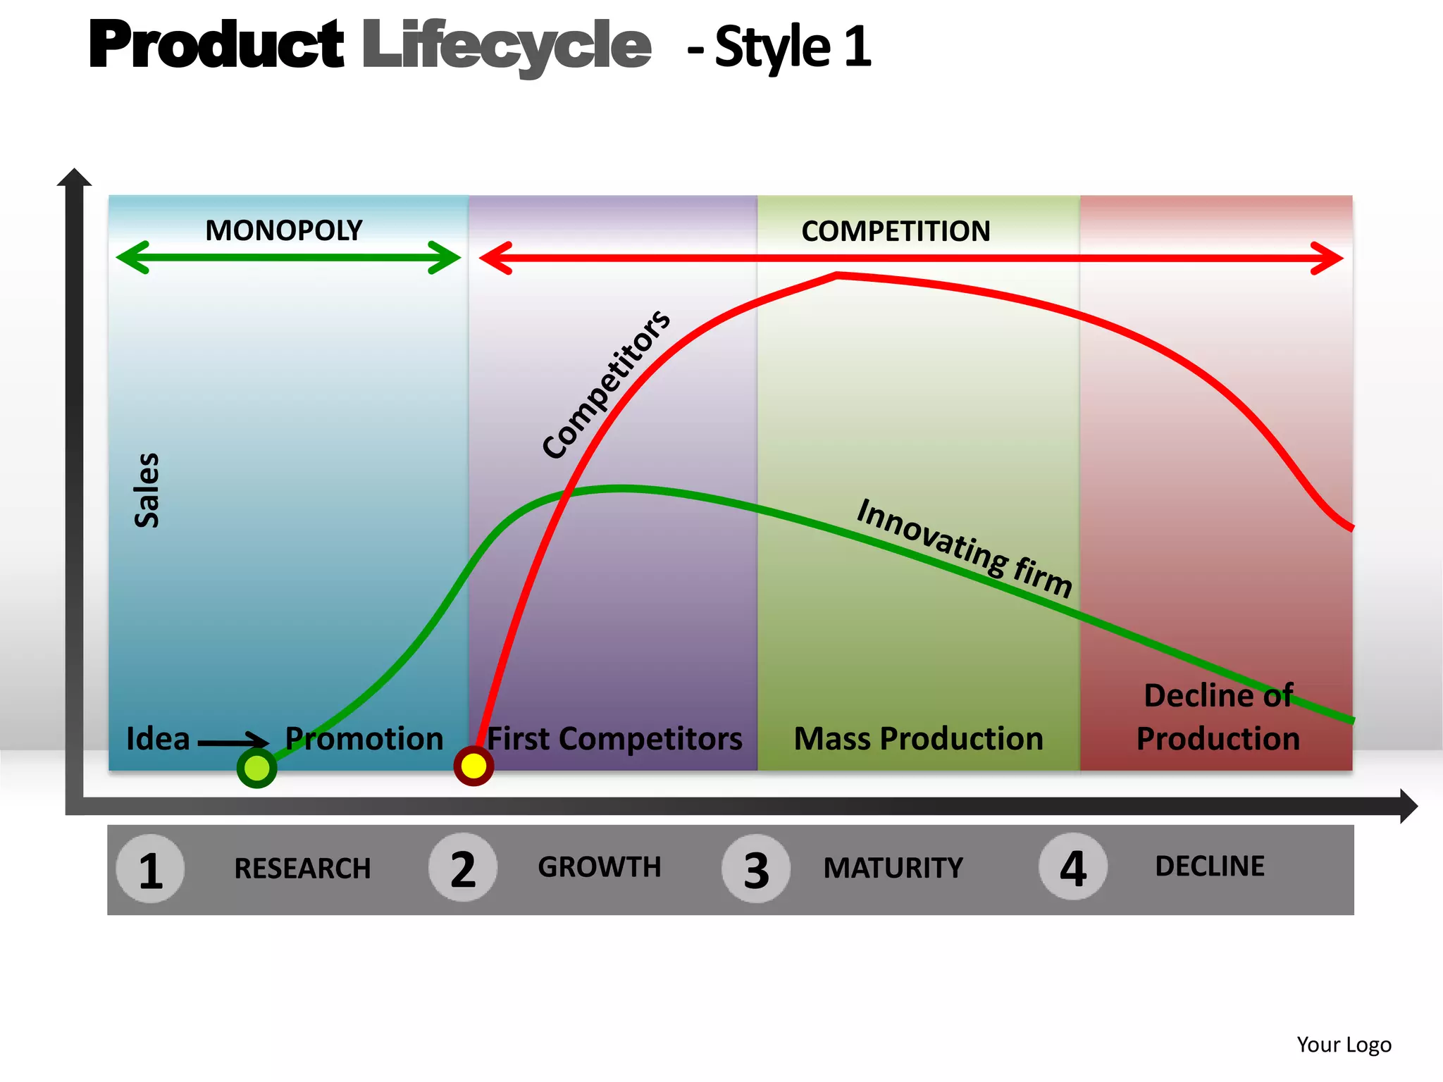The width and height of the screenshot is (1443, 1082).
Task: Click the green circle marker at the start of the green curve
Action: [256, 768]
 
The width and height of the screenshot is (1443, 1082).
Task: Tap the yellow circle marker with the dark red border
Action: [473, 766]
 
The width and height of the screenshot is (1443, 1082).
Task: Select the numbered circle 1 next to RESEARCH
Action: [150, 869]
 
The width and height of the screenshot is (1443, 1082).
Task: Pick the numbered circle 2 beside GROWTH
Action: [463, 868]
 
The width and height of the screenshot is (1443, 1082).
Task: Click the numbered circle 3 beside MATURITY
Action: [756, 869]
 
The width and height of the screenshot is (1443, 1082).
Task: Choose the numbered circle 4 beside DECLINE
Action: [1072, 867]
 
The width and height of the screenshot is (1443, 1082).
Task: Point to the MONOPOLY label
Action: [283, 230]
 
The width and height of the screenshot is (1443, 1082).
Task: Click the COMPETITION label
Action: [896, 231]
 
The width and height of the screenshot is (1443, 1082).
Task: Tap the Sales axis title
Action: [147, 490]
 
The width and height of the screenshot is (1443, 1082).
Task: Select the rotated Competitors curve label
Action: [606, 385]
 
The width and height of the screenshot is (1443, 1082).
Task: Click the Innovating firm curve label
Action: [964, 548]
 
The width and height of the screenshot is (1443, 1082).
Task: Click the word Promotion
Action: [364, 739]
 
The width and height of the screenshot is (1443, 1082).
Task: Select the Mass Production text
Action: [918, 739]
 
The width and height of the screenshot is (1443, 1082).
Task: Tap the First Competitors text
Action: [614, 739]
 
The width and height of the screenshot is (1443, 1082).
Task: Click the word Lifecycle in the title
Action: [507, 46]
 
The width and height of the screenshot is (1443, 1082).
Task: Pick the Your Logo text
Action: [1344, 1044]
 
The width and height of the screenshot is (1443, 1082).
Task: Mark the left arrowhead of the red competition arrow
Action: [495, 258]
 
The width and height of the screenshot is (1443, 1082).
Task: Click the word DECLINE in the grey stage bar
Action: [1209, 866]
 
